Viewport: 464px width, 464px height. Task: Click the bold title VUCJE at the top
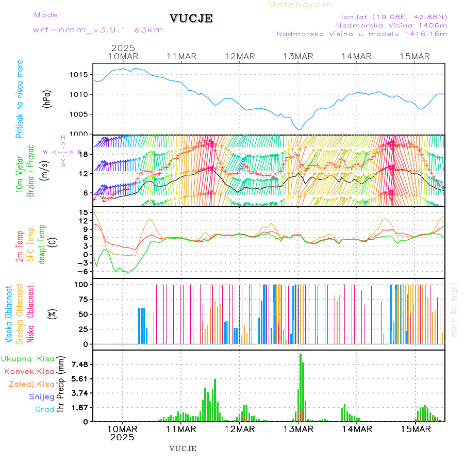pyautogui.click(x=191, y=19)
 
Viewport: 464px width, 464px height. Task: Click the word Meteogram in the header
pyautogui.click(x=300, y=5)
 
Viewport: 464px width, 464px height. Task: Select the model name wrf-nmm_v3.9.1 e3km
pyautogui.click(x=98, y=30)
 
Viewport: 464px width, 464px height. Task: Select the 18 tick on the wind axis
pyautogui.click(x=82, y=154)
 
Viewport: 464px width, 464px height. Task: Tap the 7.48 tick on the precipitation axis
pyautogui.click(x=80, y=364)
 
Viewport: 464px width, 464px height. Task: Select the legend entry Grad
pyautogui.click(x=44, y=409)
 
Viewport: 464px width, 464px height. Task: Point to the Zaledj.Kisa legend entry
pyautogui.click(x=31, y=384)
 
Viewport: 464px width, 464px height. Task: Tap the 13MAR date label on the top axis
pyautogui.click(x=299, y=56)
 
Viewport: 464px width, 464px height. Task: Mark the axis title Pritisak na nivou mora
pyautogui.click(x=20, y=99)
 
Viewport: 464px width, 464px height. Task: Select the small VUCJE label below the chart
pyautogui.click(x=183, y=449)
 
